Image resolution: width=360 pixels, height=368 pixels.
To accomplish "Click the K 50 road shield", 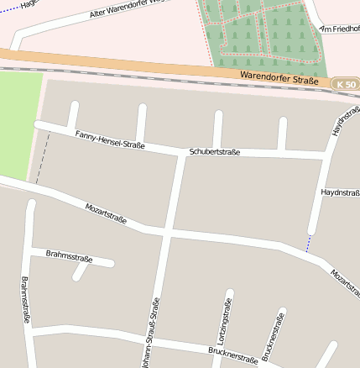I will pyautogui.click(x=345, y=85).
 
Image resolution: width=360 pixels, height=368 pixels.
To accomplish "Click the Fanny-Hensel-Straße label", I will pyautogui.click(x=110, y=139).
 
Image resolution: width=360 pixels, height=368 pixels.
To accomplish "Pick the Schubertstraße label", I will pyautogui.click(x=215, y=152).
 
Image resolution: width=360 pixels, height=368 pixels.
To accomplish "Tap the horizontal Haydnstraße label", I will pyautogui.click(x=340, y=192).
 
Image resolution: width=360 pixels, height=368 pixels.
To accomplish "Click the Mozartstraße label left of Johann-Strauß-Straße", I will pyautogui.click(x=106, y=213).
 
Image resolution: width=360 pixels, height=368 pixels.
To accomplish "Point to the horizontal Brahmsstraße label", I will pyautogui.click(x=69, y=255).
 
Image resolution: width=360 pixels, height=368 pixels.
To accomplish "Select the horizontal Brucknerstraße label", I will pyautogui.click(x=232, y=354).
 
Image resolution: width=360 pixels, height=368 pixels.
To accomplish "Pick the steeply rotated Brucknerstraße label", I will pyautogui.click(x=274, y=335).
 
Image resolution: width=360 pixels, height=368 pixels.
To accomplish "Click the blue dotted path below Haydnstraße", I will pyautogui.click(x=309, y=243).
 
